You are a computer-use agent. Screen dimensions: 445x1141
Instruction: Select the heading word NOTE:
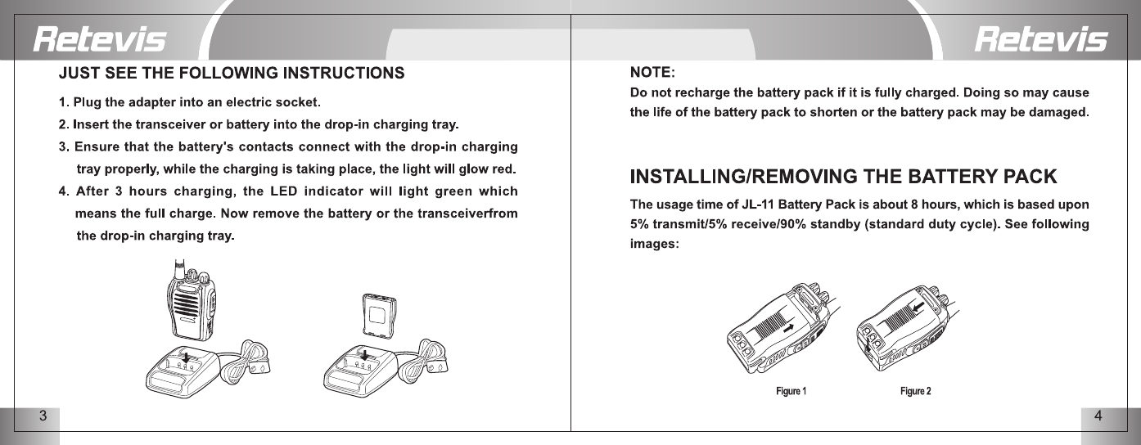[x=652, y=74]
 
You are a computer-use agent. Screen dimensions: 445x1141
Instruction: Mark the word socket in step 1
[x=299, y=103]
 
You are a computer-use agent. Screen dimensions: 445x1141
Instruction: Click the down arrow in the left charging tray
[x=186, y=357]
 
